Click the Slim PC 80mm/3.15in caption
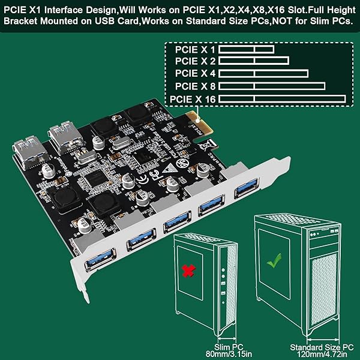(x=196, y=350)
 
